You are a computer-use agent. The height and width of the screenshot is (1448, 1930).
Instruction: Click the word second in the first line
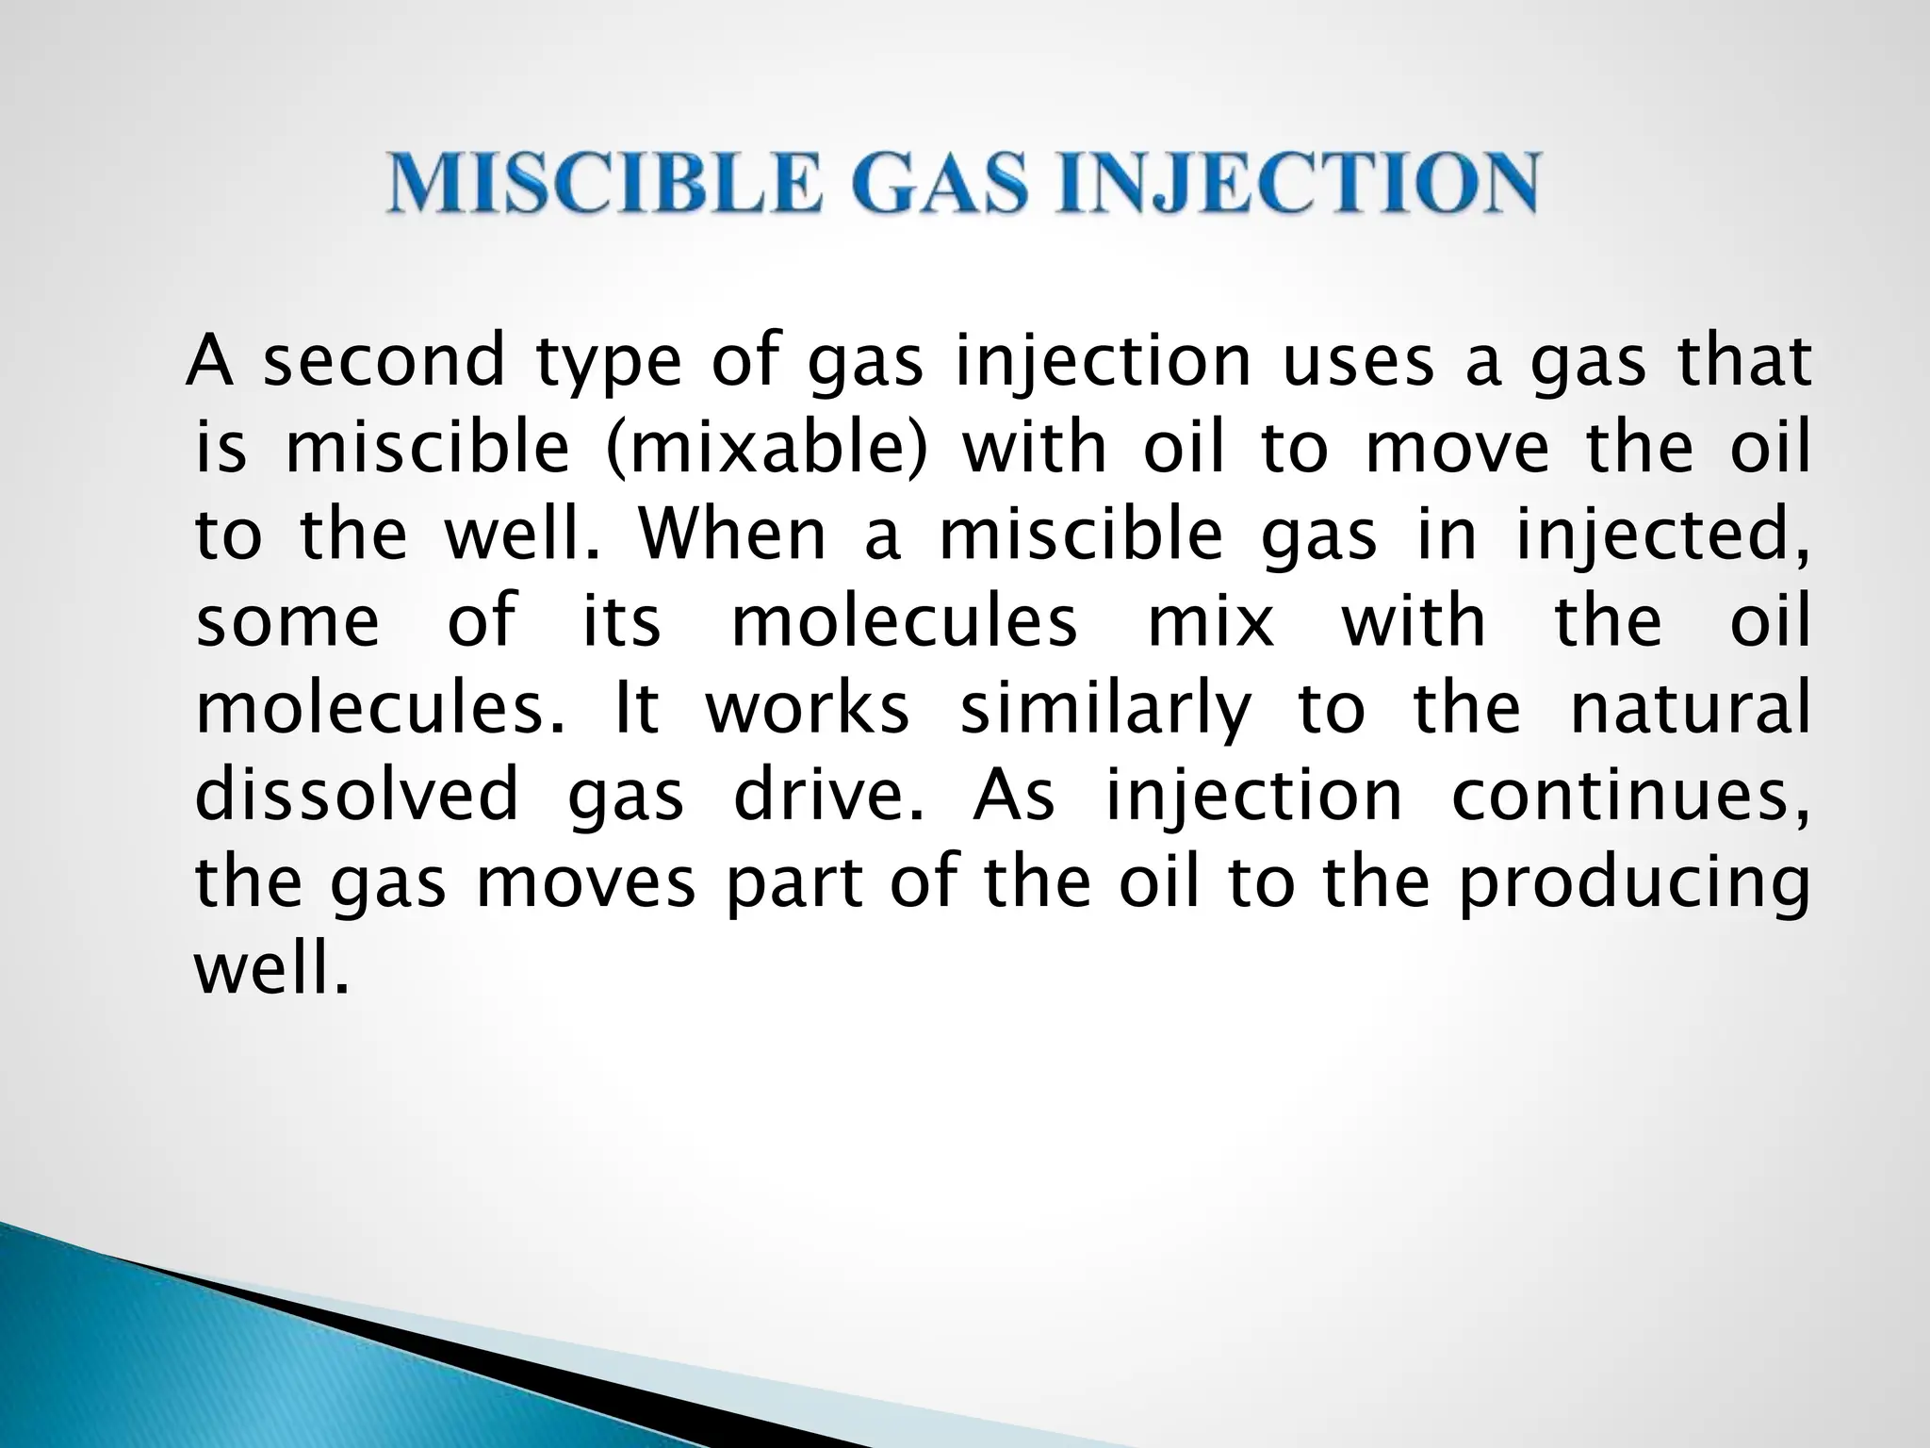[384, 363]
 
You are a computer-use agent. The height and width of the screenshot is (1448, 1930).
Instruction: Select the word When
[733, 535]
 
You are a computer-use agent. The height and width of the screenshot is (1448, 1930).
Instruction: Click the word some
[287, 623]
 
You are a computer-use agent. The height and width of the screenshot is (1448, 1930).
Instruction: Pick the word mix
[1211, 623]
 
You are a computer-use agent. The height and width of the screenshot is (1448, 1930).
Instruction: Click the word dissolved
[356, 796]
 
